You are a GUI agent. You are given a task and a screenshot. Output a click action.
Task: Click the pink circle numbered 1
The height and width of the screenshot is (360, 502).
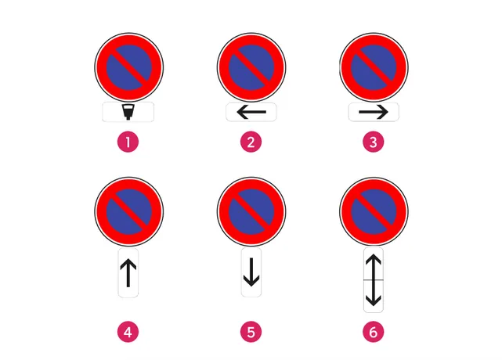pyautogui.click(x=128, y=142)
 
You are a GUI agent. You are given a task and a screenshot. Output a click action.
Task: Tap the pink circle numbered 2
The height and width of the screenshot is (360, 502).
pyautogui.click(x=251, y=142)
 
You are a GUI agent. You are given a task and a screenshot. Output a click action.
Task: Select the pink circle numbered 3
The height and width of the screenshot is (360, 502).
pyautogui.click(x=374, y=142)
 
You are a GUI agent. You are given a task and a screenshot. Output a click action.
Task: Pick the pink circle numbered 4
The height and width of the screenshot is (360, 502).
pyautogui.click(x=128, y=332)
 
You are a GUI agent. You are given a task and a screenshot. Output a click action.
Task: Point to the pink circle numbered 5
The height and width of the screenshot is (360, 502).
pyautogui.click(x=251, y=332)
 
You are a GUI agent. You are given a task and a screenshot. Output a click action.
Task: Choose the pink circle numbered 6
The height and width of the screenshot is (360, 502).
pyautogui.click(x=374, y=332)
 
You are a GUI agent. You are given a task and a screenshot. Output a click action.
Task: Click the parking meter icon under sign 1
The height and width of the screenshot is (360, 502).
pyautogui.click(x=128, y=112)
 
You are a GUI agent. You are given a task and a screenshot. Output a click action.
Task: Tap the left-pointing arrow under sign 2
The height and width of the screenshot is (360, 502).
pyautogui.click(x=251, y=112)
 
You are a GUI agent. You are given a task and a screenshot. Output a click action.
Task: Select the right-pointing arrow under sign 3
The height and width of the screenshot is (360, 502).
pyautogui.click(x=374, y=112)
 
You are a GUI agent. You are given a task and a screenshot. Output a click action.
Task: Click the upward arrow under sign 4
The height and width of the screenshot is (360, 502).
pyautogui.click(x=128, y=273)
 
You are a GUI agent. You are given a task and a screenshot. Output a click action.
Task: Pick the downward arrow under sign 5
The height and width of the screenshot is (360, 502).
pyautogui.click(x=251, y=272)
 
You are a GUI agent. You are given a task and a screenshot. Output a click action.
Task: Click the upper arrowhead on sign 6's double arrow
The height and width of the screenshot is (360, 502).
pyautogui.click(x=374, y=260)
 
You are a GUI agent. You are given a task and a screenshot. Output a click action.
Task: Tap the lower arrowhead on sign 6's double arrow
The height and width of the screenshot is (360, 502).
pyautogui.click(x=374, y=301)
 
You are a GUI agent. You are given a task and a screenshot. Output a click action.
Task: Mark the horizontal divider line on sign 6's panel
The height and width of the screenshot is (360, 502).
pyautogui.click(x=374, y=280)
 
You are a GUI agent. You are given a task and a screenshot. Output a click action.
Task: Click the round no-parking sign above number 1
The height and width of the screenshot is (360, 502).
pyautogui.click(x=129, y=67)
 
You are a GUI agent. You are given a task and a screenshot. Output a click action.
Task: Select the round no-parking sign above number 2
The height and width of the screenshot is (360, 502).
pyautogui.click(x=251, y=67)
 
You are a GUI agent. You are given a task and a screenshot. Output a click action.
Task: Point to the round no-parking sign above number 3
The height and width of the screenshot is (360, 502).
pyautogui.click(x=374, y=67)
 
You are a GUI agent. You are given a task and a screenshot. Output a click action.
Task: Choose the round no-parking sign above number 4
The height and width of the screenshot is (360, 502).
pyautogui.click(x=129, y=211)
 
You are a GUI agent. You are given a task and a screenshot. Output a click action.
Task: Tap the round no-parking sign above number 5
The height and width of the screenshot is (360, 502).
pyautogui.click(x=251, y=211)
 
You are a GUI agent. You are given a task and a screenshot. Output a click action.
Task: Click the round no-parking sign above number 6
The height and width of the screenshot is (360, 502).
pyautogui.click(x=374, y=211)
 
